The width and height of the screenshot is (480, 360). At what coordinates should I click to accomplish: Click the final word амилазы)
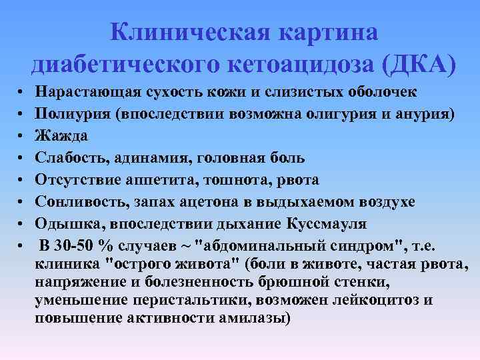[253, 319]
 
